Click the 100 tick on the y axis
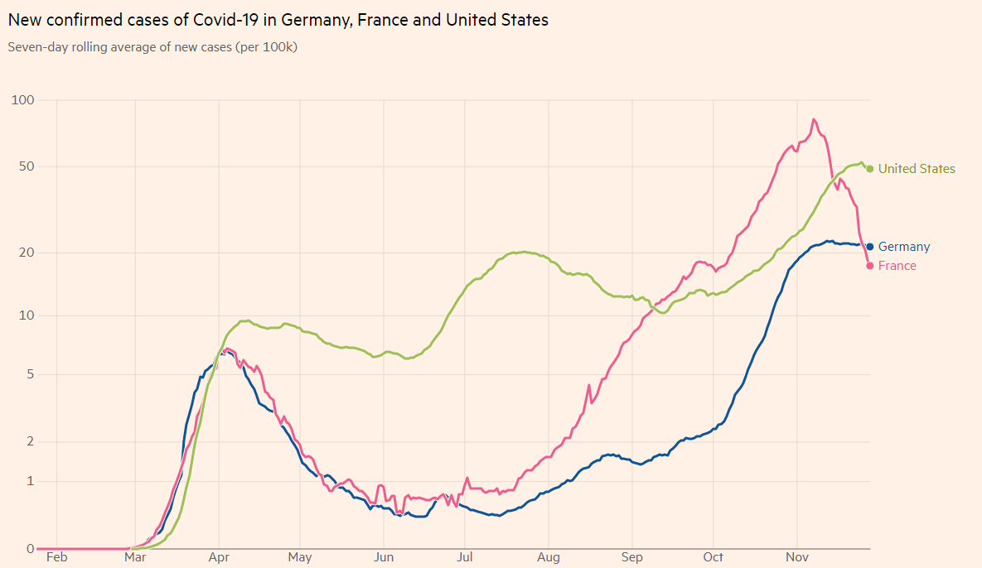[22, 100]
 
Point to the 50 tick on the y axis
[26, 166]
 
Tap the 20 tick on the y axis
[26, 253]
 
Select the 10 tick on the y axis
[26, 315]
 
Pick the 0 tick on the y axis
[29, 548]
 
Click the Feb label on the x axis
[56, 558]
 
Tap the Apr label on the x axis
[219, 558]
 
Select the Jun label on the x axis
[384, 558]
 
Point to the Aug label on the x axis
[548, 558]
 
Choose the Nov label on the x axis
[796, 558]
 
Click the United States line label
[917, 169]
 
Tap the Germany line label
[904, 247]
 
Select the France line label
[897, 266]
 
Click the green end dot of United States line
[869, 169]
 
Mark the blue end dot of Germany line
[869, 247]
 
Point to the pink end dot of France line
[869, 266]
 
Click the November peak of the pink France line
[814, 119]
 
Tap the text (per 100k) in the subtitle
[267, 47]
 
